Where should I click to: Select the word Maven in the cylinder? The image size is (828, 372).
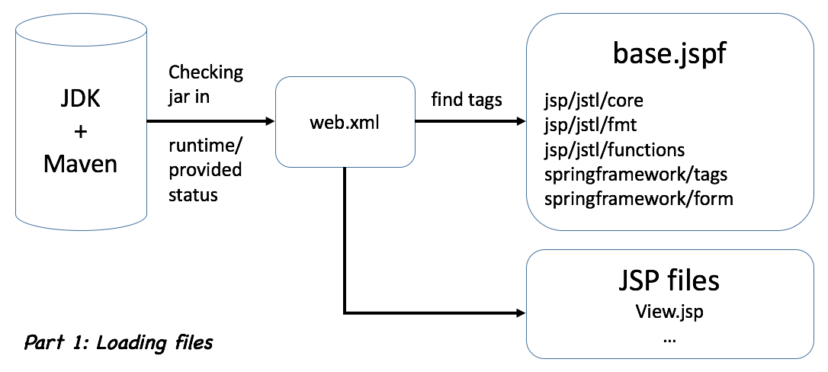[x=80, y=162]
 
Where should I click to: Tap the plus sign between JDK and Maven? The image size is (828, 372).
[x=80, y=131]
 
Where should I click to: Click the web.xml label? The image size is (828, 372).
[x=345, y=122]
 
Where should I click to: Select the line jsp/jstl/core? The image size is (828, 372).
[x=595, y=99]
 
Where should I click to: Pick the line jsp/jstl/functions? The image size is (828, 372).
[x=615, y=149]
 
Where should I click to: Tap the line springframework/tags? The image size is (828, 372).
[x=636, y=174]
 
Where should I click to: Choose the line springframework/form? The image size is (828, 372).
[x=639, y=199]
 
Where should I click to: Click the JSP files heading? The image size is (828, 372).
[x=668, y=281]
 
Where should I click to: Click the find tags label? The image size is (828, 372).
[x=467, y=99]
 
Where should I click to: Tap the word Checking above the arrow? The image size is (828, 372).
[x=206, y=72]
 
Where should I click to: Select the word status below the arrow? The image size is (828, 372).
[x=193, y=194]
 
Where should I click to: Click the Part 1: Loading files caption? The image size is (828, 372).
[x=118, y=343]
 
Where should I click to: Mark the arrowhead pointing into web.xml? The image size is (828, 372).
[x=269, y=121]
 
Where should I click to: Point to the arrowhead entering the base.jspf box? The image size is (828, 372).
[x=521, y=121]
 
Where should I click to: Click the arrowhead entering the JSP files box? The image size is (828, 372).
[x=521, y=313]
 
